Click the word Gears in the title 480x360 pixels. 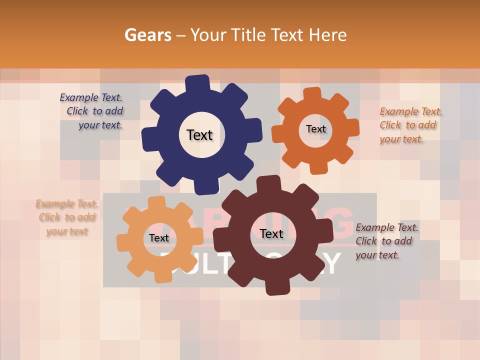(x=147, y=35)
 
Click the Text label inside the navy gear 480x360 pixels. (x=199, y=135)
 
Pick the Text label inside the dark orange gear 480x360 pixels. (x=315, y=129)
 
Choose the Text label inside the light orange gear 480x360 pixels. (x=158, y=238)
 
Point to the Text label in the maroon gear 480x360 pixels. (x=271, y=234)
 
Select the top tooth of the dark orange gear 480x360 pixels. (x=312, y=94)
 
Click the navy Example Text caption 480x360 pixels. (x=92, y=111)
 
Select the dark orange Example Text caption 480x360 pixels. (x=410, y=125)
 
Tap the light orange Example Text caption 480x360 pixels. (x=66, y=217)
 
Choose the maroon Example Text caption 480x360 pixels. (x=386, y=241)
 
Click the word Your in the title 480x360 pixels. (x=209, y=35)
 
